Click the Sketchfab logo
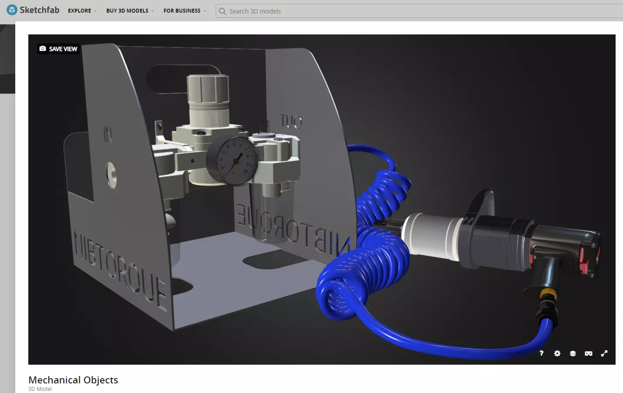pyautogui.click(x=33, y=10)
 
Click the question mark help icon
pyautogui.click(x=542, y=353)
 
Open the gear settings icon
pyautogui.click(x=557, y=353)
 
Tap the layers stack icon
pyautogui.click(x=573, y=353)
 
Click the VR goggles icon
pyautogui.click(x=589, y=353)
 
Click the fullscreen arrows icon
pyautogui.click(x=604, y=353)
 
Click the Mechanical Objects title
pyautogui.click(x=73, y=380)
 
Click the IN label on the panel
pyautogui.click(x=108, y=134)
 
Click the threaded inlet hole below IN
pyautogui.click(x=112, y=174)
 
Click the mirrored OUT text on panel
pyautogui.click(x=291, y=122)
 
